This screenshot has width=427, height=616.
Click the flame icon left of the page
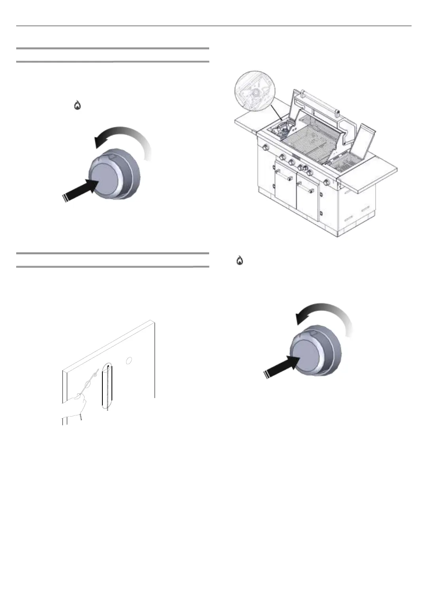pos(77,105)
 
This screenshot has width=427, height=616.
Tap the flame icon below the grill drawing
pos(240,261)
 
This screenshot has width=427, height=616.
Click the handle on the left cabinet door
pos(281,173)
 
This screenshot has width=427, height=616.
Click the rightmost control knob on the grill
pos(327,183)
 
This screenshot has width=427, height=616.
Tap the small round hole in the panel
pos(129,360)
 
